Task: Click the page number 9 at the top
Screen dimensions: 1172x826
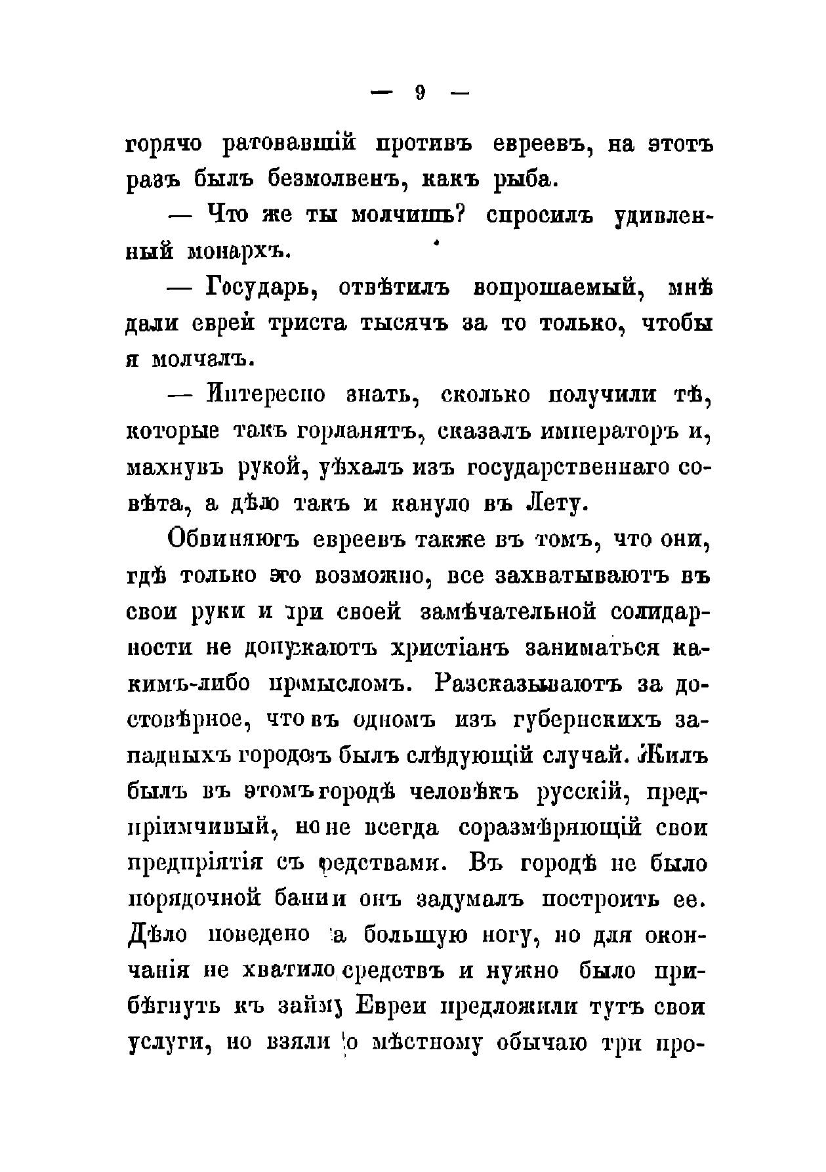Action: tap(421, 93)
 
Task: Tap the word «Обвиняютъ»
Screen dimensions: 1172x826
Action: tap(233, 539)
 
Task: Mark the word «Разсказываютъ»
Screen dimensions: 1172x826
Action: tap(527, 684)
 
